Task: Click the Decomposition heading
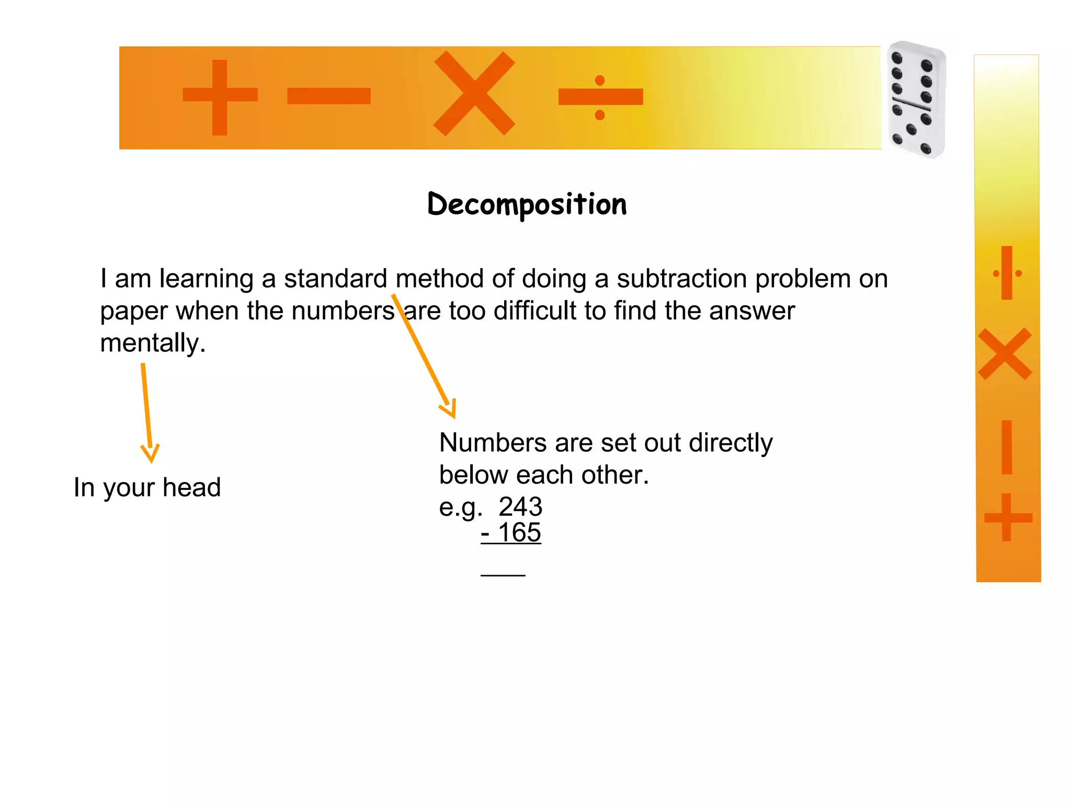coord(527,204)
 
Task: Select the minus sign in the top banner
coord(329,96)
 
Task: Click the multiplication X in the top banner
coord(474,94)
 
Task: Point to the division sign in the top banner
coord(600,97)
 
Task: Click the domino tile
coord(916,99)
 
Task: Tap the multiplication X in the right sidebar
coord(1005,354)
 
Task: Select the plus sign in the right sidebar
coord(1007,518)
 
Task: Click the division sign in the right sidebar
coord(1007,273)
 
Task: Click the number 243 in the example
coord(520,507)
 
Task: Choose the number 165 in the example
coord(519,533)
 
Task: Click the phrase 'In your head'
coord(147,487)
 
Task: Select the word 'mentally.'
coord(153,343)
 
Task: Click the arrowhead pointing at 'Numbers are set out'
coord(449,409)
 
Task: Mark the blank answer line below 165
coord(503,575)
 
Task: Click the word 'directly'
coord(731,443)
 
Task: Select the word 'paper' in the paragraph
coord(134,312)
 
